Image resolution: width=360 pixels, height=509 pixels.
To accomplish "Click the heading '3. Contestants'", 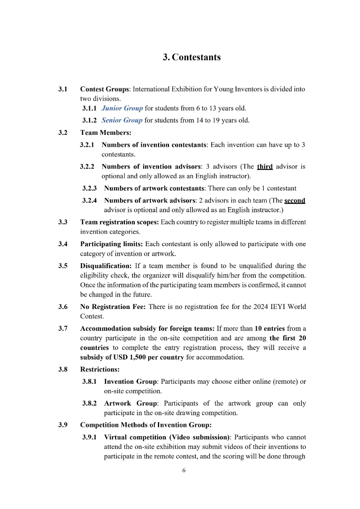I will pos(192,57).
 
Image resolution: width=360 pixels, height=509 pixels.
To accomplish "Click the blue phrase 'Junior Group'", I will pos(122,108).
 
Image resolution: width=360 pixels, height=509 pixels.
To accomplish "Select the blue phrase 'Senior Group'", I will pos(122,120).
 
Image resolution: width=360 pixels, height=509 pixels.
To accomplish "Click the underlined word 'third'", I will pos(265,167).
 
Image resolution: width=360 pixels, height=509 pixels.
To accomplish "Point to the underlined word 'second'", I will pos(295,200).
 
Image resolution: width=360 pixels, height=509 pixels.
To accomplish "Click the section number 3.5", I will pos(63,266).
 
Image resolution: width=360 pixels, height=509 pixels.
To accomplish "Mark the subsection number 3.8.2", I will pos(90,403).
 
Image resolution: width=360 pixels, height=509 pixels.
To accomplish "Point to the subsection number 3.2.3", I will pos(90,188).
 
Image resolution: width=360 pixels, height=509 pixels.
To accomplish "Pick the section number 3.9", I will pos(63,425).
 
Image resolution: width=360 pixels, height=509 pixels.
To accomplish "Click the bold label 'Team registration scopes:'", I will pos(119,222).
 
